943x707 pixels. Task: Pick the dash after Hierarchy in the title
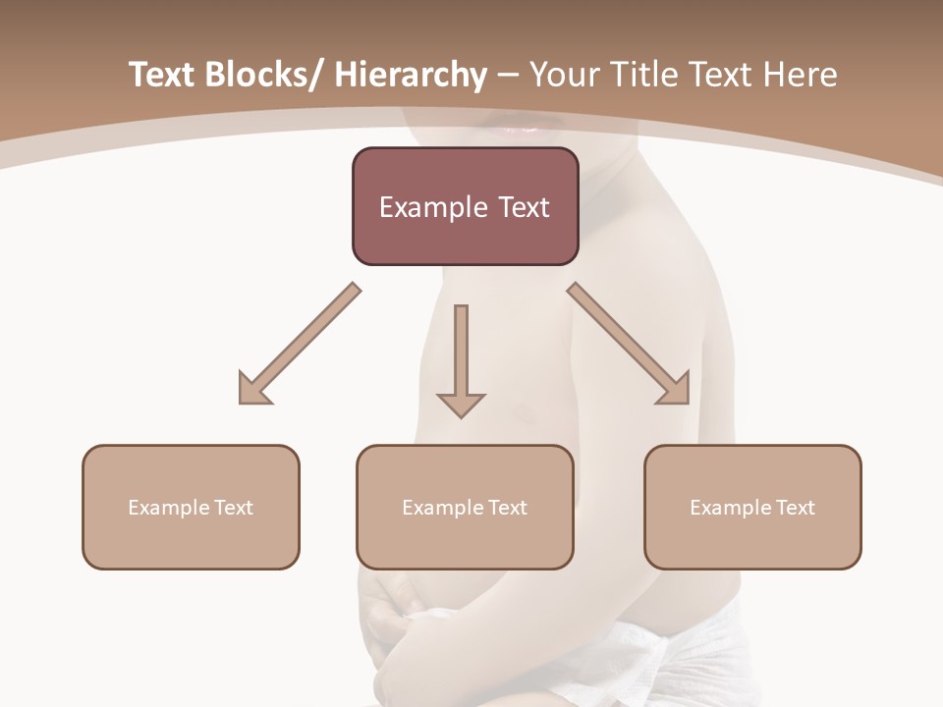508,77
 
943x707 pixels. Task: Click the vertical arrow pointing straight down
461,361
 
